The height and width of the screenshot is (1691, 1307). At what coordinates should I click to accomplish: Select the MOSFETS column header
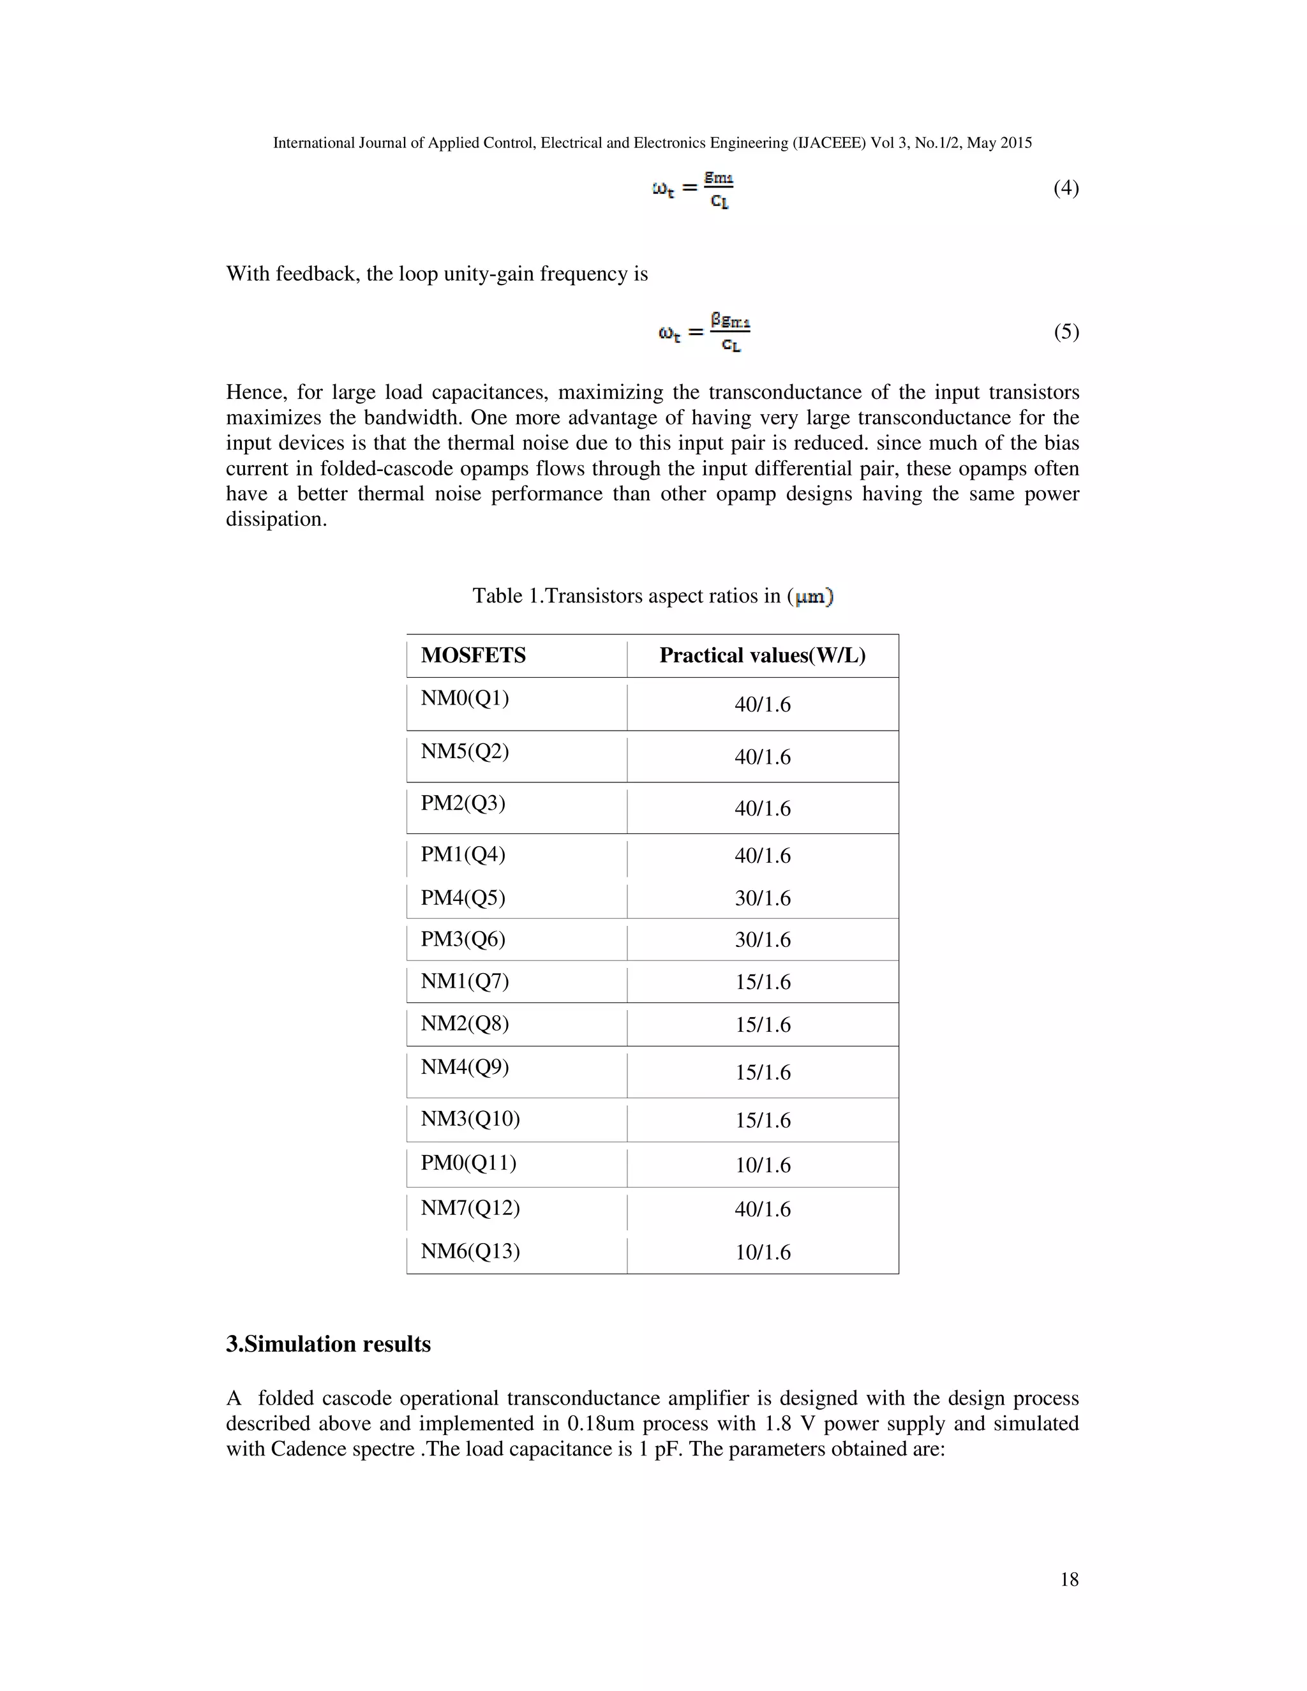(473, 656)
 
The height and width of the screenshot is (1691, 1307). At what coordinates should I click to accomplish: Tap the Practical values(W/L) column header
(762, 656)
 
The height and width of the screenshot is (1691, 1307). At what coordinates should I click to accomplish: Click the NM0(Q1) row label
(465, 698)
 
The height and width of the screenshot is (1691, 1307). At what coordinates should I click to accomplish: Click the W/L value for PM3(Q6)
(763, 940)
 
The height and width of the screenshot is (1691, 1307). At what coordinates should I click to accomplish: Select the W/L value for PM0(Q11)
(763, 1165)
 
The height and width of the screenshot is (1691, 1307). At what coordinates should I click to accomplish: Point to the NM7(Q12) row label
(470, 1208)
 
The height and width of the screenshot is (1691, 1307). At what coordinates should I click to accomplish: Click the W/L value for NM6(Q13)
(763, 1252)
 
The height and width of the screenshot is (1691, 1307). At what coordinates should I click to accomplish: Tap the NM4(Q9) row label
(465, 1067)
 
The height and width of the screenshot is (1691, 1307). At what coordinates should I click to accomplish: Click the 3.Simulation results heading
(328, 1344)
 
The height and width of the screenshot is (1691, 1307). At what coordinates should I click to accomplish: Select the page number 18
(1068, 1579)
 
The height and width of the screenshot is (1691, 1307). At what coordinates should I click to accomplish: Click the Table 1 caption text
(652, 596)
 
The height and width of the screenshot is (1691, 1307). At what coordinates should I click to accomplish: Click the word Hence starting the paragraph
(255, 392)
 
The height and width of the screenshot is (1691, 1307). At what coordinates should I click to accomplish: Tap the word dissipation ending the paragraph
(276, 519)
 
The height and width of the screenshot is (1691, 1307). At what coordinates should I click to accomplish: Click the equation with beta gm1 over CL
(703, 332)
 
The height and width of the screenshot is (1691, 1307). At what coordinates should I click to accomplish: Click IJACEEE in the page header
(828, 143)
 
